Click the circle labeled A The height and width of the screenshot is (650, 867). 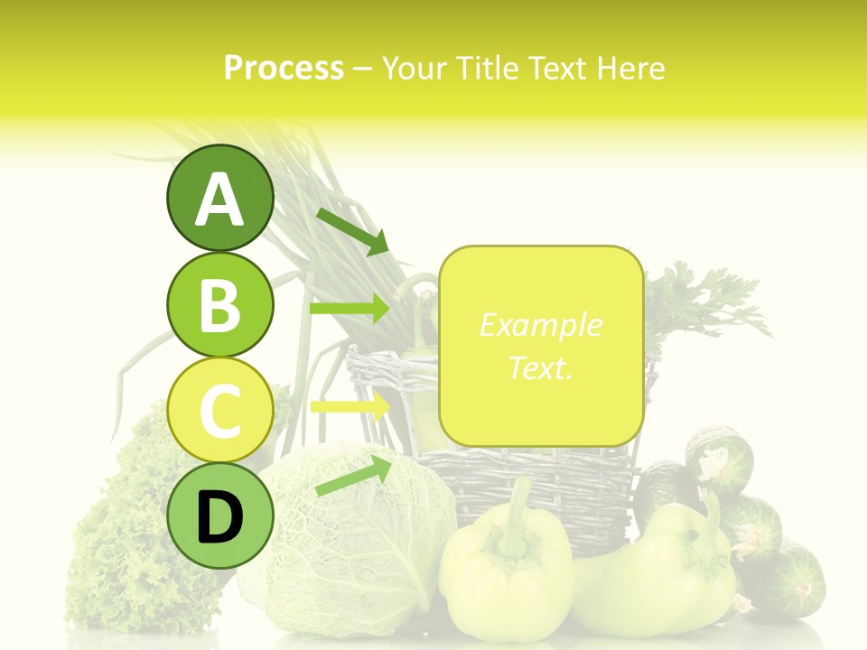click(x=220, y=198)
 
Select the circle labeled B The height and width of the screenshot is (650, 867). click(x=220, y=304)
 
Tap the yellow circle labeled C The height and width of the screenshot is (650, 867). click(x=220, y=410)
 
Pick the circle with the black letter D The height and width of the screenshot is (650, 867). click(x=220, y=515)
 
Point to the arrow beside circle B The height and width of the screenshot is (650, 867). click(x=349, y=309)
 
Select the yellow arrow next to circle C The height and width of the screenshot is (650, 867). click(x=349, y=406)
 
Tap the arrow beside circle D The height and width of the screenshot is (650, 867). click(x=353, y=476)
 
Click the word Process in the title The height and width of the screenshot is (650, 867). click(x=284, y=68)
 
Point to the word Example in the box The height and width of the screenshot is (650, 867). click(x=540, y=325)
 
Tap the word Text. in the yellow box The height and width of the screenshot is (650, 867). click(x=540, y=367)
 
